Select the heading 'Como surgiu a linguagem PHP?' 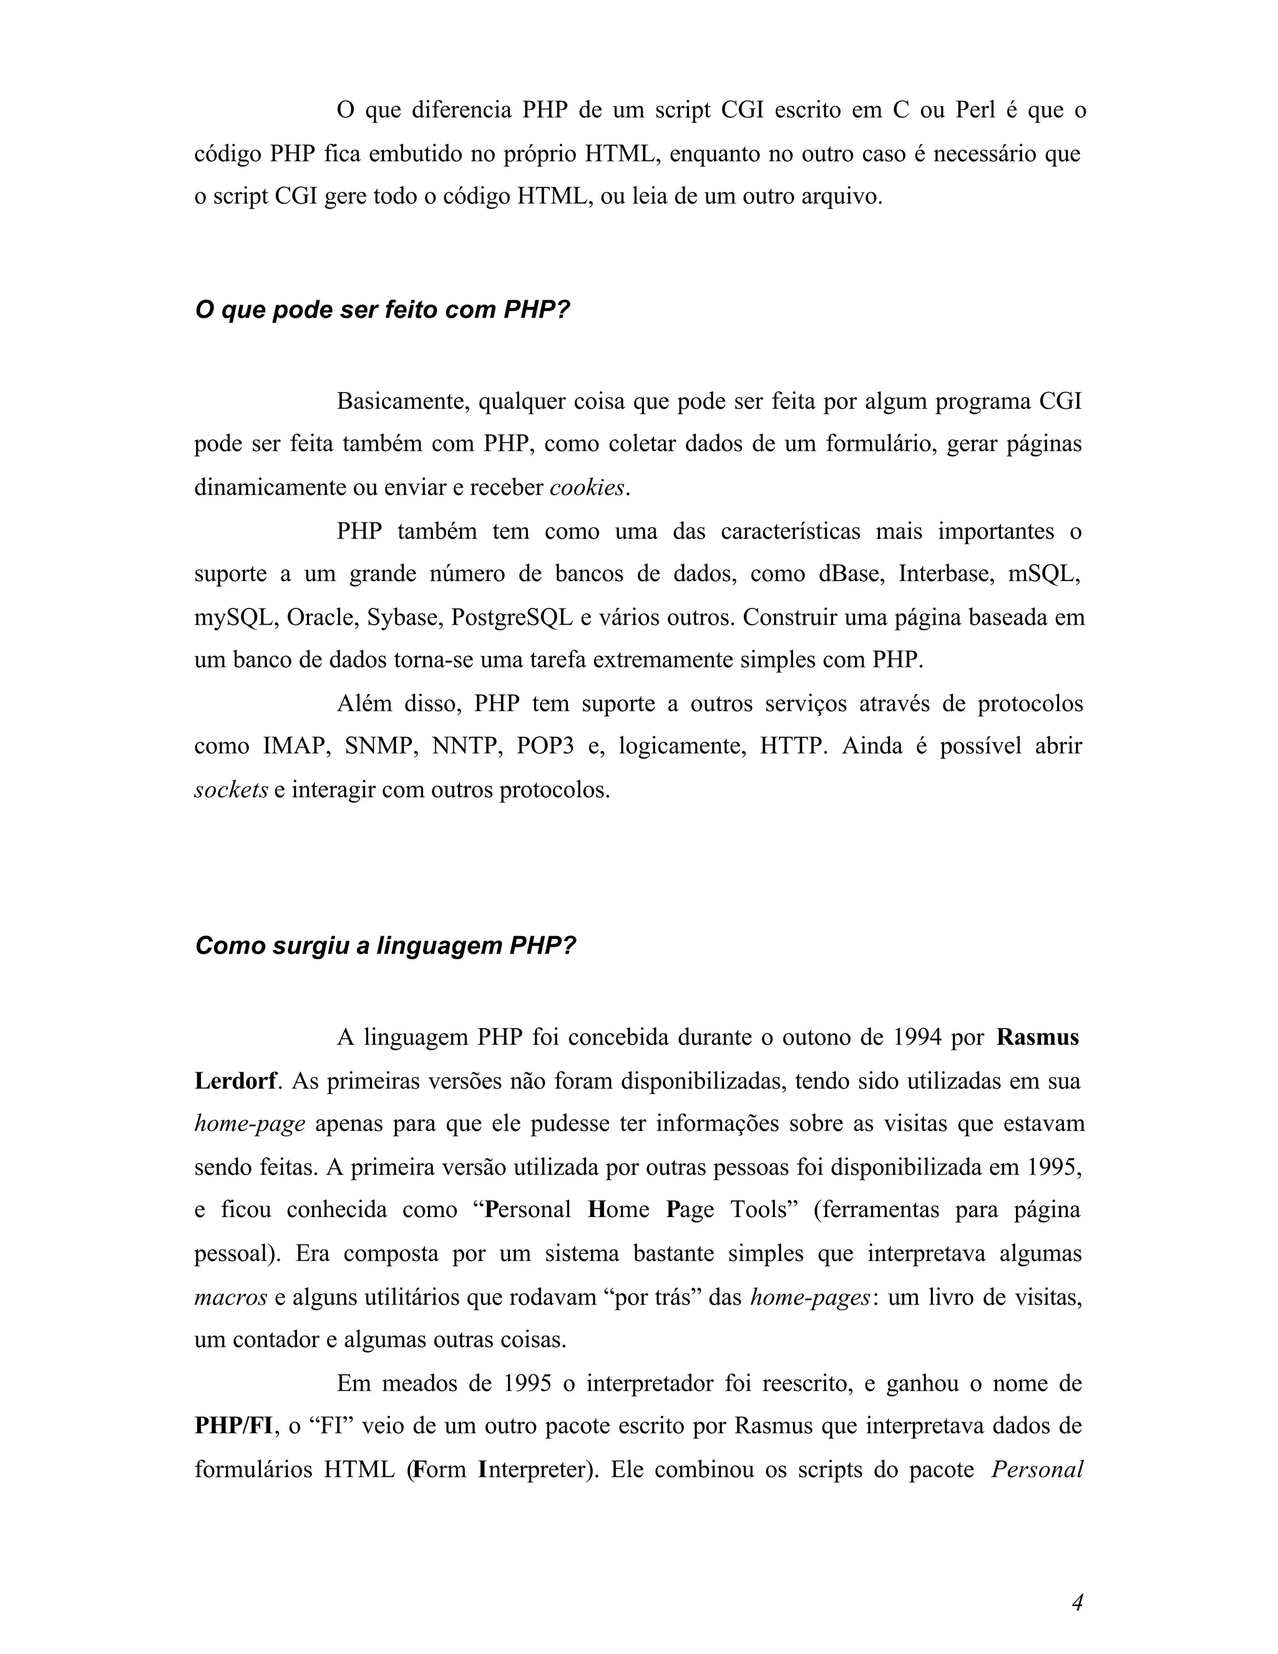click(386, 946)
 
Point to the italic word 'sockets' click(231, 791)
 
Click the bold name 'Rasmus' click(1037, 1037)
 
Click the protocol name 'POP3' click(544, 746)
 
